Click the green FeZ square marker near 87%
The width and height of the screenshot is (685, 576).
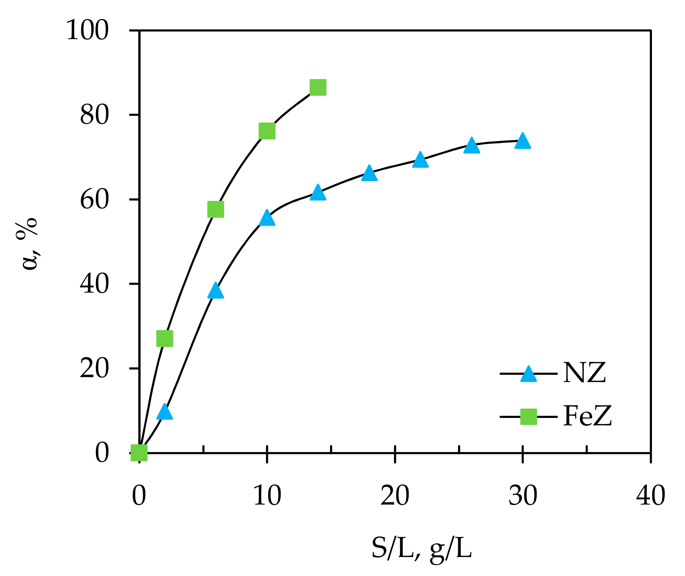[x=318, y=87]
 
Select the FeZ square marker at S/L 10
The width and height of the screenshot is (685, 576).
[x=267, y=131]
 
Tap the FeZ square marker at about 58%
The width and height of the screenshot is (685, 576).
[x=216, y=209]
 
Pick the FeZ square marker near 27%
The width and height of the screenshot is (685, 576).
[x=165, y=339]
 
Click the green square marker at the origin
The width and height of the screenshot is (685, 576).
[x=139, y=453]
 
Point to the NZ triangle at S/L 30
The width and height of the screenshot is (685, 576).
[x=523, y=142]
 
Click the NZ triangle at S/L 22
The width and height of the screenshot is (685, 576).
[x=420, y=160]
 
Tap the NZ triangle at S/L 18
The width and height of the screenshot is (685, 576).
[x=369, y=173]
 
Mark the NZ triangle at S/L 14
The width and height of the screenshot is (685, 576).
[x=318, y=193]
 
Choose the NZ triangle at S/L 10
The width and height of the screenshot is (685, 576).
[x=267, y=218]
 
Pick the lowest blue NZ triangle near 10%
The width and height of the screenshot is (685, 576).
[x=165, y=412]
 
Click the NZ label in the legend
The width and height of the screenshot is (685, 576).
[x=584, y=373]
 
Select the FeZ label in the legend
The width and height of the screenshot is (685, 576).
[x=587, y=416]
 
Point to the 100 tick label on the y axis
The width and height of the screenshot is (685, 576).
[x=88, y=31]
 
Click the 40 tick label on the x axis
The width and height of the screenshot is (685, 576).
[x=651, y=496]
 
